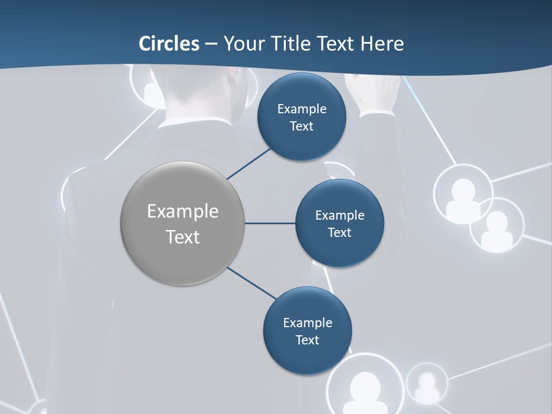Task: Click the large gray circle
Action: click(183, 223)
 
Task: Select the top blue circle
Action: click(301, 117)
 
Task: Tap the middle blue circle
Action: click(339, 223)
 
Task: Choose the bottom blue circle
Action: click(307, 331)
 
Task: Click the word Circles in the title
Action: click(169, 43)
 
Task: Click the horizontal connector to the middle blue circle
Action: click(270, 223)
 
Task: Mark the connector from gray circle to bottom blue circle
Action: click(252, 283)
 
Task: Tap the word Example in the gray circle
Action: click(183, 211)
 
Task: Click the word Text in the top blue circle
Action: click(301, 126)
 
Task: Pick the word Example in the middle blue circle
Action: click(339, 215)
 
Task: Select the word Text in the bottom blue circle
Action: click(307, 340)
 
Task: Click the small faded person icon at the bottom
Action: click(427, 384)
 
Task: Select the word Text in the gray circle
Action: click(183, 237)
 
